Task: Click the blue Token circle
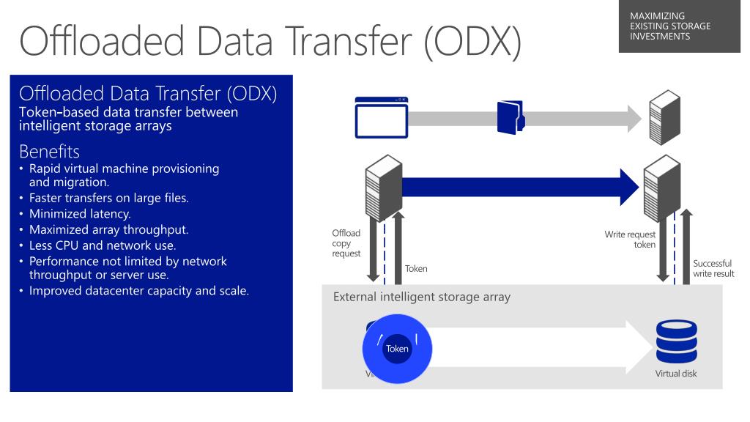(398, 349)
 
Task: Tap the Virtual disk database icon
(675, 341)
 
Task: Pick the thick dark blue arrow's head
(628, 187)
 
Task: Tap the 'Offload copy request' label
(346, 243)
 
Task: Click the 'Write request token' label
(630, 240)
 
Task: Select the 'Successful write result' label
(712, 268)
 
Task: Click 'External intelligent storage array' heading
(422, 297)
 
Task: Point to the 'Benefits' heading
(50, 152)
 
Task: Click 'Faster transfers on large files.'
(112, 198)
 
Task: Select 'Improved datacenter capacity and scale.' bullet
(139, 291)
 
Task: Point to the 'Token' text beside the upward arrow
(416, 269)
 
